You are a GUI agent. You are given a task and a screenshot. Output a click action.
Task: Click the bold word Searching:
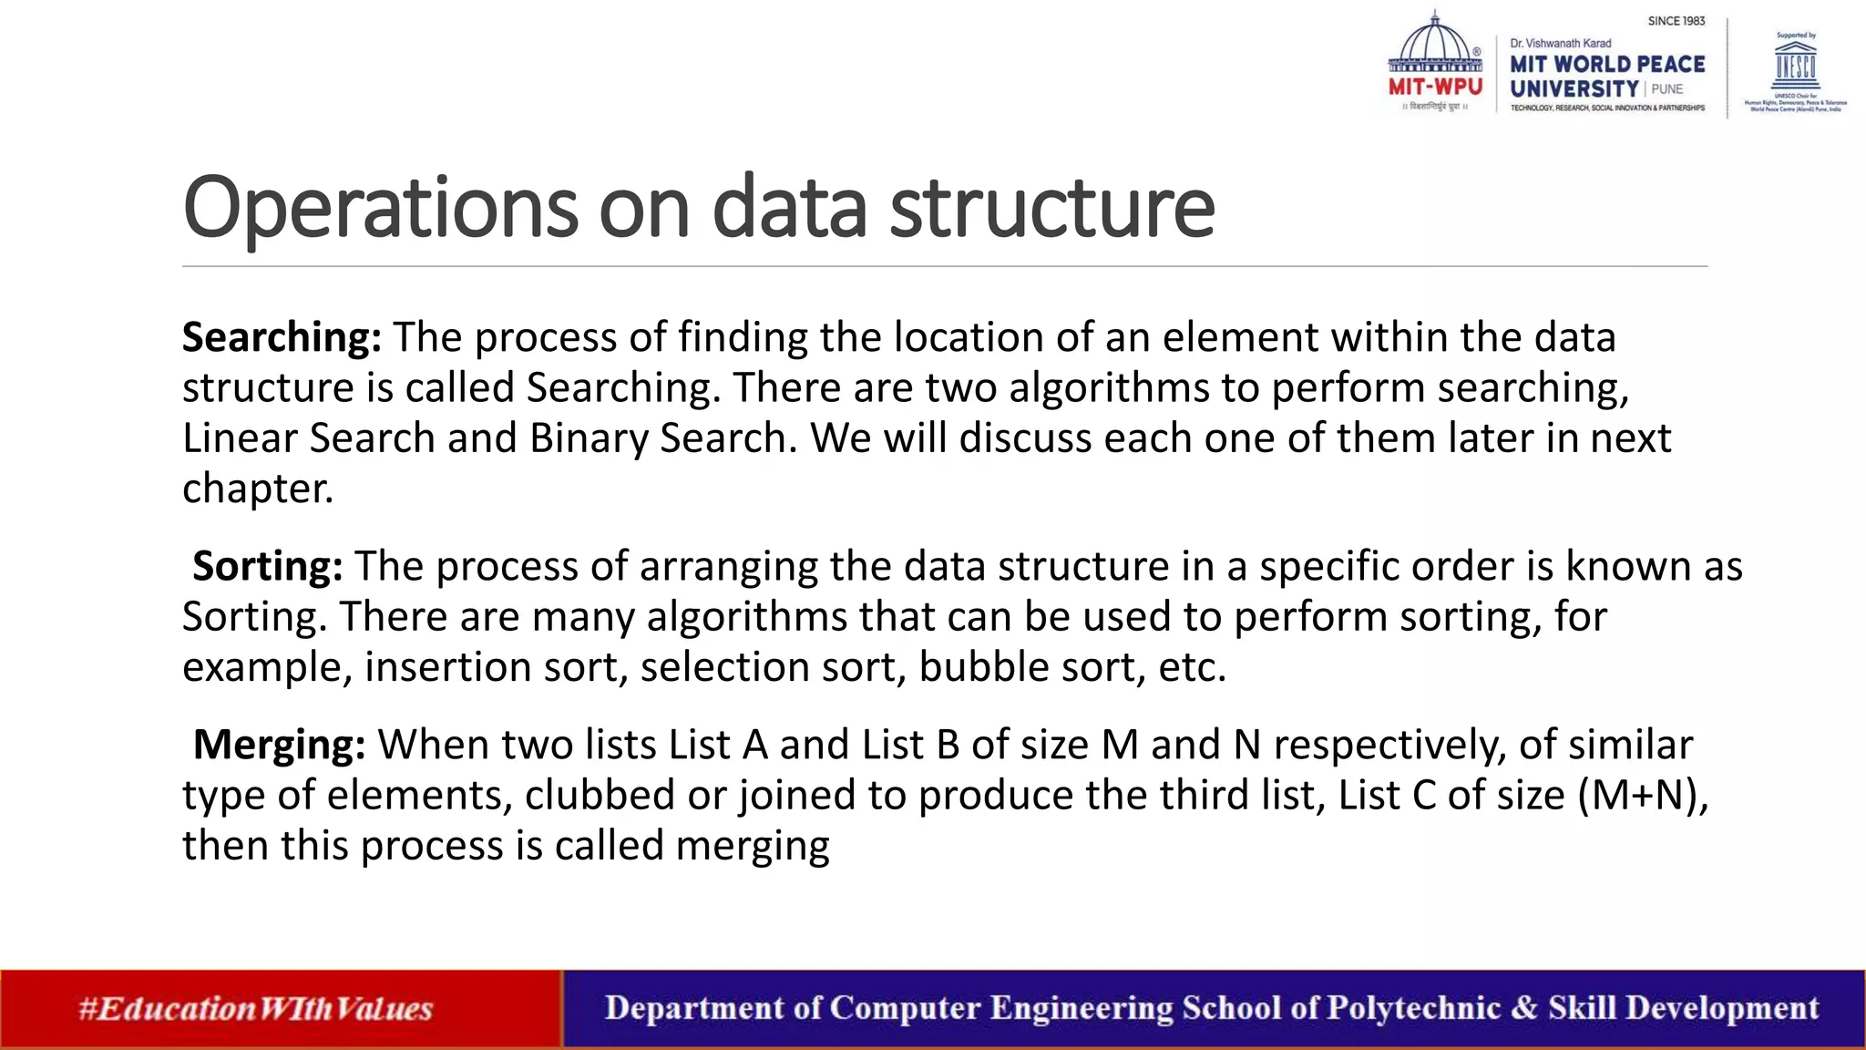[282, 338]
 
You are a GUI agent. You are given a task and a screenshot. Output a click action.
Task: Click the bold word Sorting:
[267, 567]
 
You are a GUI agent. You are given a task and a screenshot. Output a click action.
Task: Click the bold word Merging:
[279, 746]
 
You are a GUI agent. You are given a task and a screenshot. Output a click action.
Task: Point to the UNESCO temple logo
[1795, 64]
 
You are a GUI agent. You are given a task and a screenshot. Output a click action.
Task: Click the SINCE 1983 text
[1676, 21]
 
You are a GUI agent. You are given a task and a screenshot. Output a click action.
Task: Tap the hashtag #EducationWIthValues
[255, 1009]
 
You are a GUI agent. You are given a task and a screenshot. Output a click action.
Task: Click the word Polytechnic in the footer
[1413, 1008]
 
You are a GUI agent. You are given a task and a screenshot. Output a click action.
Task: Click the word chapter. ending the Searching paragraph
[258, 489]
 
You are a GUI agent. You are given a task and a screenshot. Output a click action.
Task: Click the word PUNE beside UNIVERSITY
[1667, 89]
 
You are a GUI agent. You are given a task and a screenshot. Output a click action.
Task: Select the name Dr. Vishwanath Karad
[1560, 43]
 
